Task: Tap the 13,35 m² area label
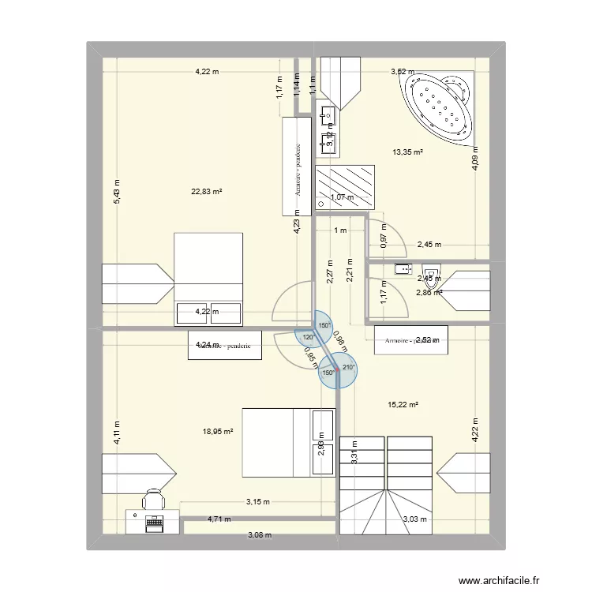click(407, 152)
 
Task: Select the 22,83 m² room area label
click(207, 191)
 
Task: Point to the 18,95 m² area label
click(218, 431)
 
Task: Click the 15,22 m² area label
click(403, 405)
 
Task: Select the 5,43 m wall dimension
click(116, 192)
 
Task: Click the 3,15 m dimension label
click(257, 501)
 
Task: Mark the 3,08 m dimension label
click(259, 535)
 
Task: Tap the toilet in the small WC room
click(430, 272)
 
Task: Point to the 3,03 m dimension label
click(415, 519)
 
